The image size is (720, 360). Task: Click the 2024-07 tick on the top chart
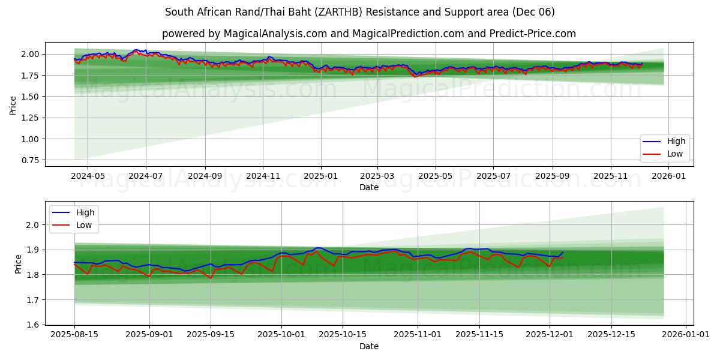pos(146,176)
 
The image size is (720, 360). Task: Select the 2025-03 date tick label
pos(377,176)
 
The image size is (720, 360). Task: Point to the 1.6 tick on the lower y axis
pos(33,325)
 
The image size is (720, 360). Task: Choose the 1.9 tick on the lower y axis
pos(33,250)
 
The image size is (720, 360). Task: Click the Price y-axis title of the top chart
pos(13,105)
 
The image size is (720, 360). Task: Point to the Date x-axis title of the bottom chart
pos(369,346)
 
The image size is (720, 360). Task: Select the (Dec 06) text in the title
pos(533,12)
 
